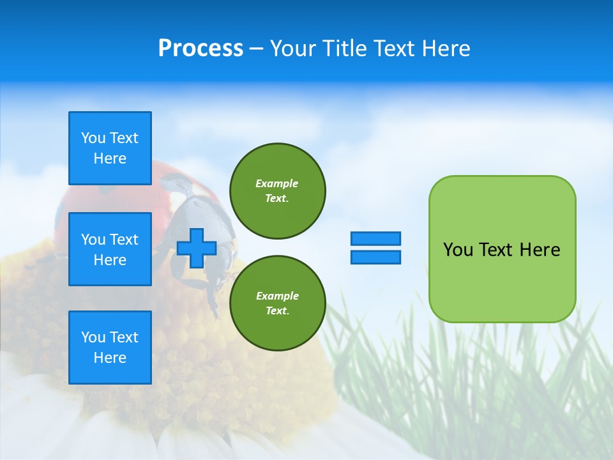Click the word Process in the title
point(201,49)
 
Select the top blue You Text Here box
point(110,148)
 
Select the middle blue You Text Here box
point(110,249)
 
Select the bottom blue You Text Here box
point(110,348)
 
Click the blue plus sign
point(197,248)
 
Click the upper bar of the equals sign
point(375,238)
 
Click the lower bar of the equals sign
point(375,257)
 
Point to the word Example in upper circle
point(277,183)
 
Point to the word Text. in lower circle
point(277,311)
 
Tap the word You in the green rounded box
point(457,250)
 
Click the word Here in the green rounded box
point(540,250)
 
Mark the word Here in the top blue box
point(110,158)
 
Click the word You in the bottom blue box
point(93,337)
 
